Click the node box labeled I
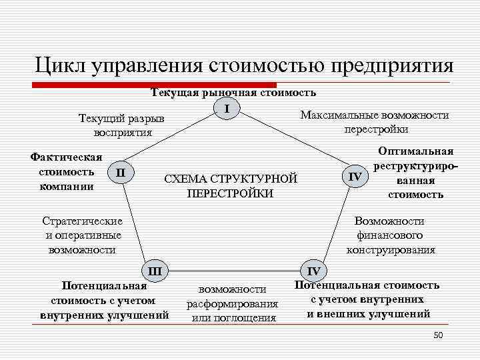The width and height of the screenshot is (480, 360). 227,108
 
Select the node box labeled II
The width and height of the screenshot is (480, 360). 120,172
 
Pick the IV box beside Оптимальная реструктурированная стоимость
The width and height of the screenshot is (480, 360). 355,176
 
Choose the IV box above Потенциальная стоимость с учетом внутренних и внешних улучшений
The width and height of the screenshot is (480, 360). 313,271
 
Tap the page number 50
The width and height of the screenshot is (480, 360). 438,335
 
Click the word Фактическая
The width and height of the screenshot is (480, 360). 66,157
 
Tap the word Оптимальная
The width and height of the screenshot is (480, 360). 416,151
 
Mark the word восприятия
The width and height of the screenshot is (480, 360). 123,132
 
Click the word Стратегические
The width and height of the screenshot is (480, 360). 82,221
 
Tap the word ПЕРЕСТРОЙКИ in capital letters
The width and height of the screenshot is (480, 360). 230,193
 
